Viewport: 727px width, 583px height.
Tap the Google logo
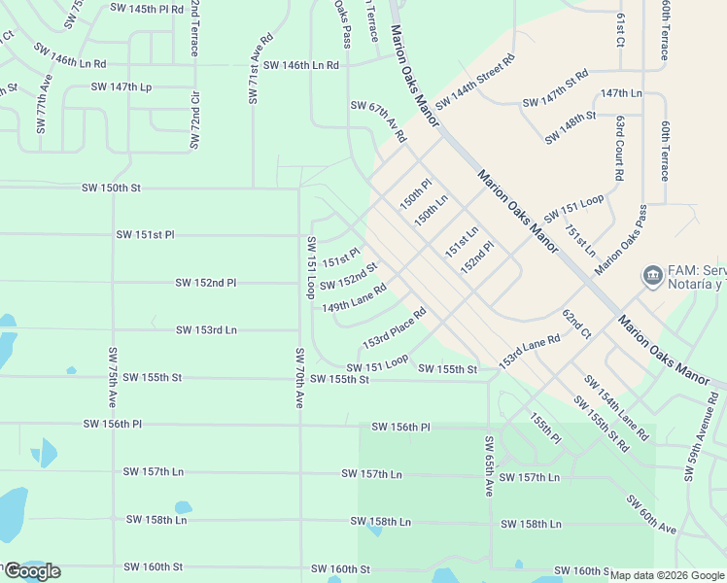coord(32,571)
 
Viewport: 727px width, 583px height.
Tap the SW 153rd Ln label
coord(206,330)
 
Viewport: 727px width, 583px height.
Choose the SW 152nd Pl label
coord(206,283)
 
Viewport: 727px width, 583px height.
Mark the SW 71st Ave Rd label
coord(254,75)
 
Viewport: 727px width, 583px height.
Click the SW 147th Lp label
coord(121,86)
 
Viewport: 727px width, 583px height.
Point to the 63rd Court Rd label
coord(619,147)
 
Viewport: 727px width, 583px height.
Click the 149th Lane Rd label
coord(355,297)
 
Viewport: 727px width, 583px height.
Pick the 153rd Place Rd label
coord(395,329)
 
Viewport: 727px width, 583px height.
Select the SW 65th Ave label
coord(489,466)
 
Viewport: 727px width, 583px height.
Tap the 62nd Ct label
coord(576,325)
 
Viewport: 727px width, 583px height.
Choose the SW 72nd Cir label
coord(194,120)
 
